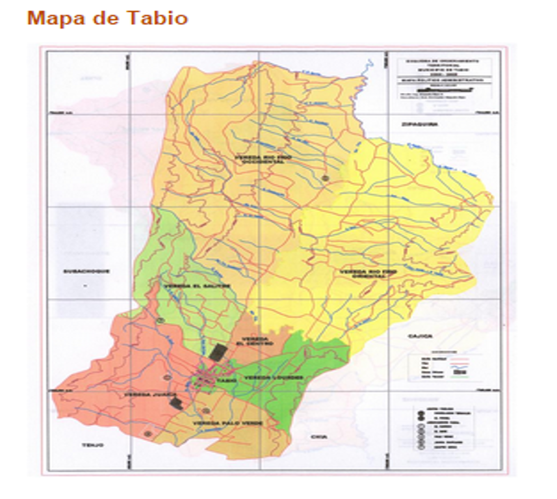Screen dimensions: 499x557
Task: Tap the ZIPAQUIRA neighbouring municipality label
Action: tap(417, 123)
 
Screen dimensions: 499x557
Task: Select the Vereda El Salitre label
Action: tap(187, 286)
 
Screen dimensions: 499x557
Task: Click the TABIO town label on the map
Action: tap(225, 381)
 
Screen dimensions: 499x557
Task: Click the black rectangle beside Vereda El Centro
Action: tap(218, 352)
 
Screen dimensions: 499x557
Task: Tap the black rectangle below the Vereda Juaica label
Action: tap(175, 403)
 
